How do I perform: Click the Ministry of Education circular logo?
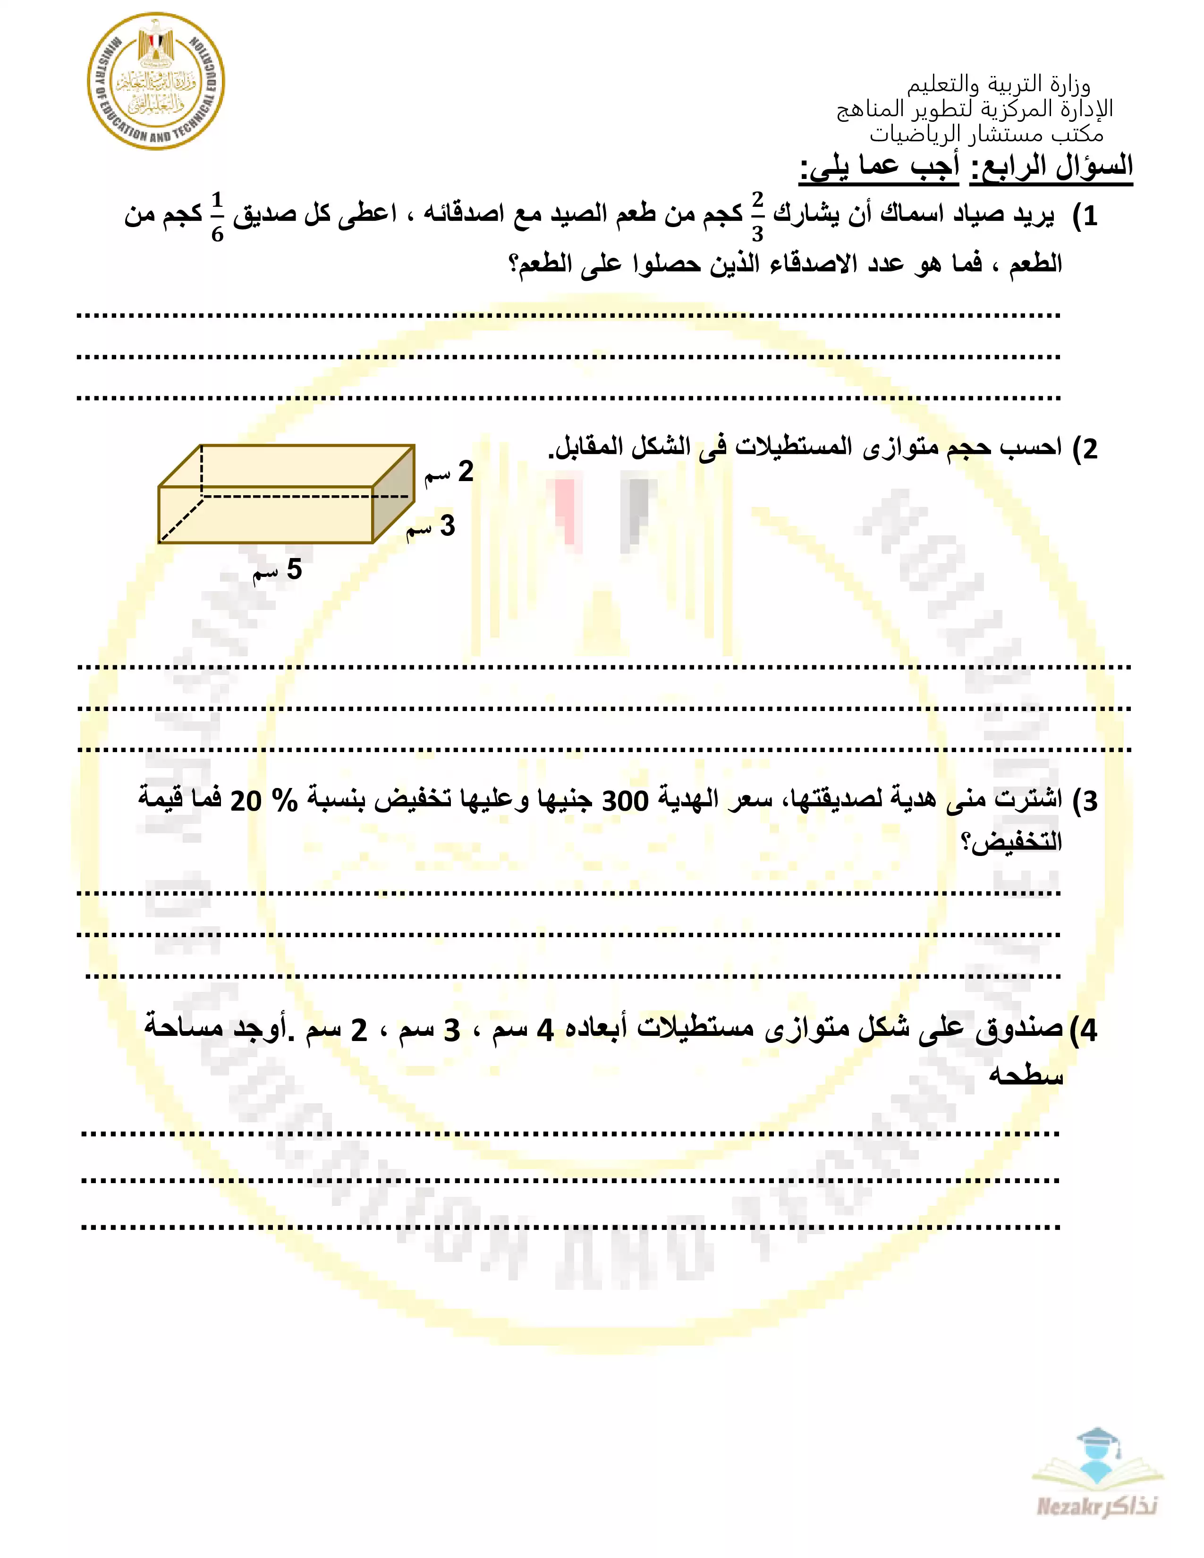coord(155,81)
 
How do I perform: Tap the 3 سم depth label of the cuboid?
coord(431,526)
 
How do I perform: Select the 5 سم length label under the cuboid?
coord(278,570)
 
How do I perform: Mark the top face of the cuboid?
coord(285,466)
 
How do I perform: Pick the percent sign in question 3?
coord(285,800)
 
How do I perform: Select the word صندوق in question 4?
coord(1019,1029)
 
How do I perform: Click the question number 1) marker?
coord(1085,215)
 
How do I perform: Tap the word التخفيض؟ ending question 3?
coord(1012,842)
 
